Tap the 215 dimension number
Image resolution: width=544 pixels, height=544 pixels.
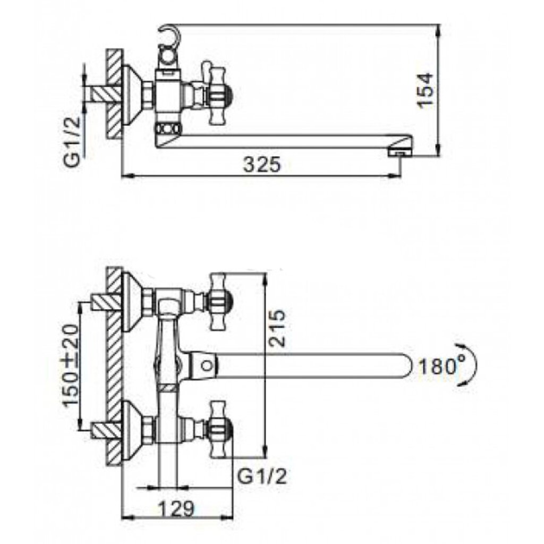pyautogui.click(x=277, y=327)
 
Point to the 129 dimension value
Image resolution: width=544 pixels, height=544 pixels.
pyautogui.click(x=177, y=509)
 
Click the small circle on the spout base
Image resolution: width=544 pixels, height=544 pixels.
pyautogui.click(x=207, y=365)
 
